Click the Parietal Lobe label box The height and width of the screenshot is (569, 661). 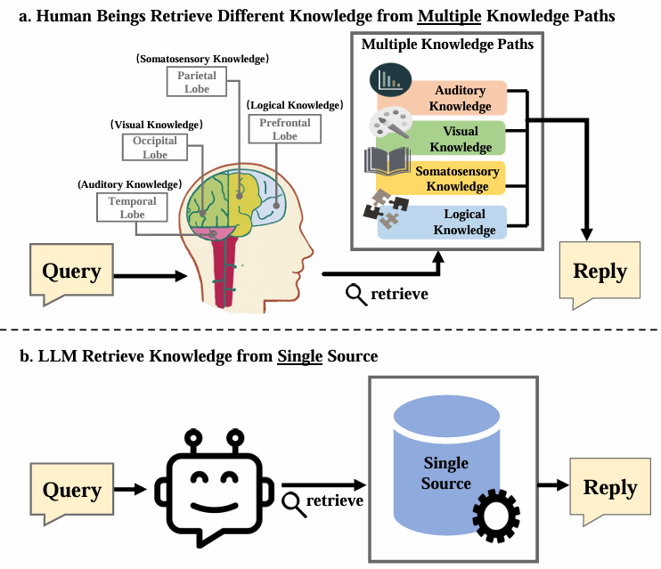[196, 83]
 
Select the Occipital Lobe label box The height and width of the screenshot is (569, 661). [155, 148]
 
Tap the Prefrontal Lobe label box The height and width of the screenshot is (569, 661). [285, 130]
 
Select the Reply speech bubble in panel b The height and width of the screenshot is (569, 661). [609, 488]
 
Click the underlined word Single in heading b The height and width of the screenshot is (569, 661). [299, 356]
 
